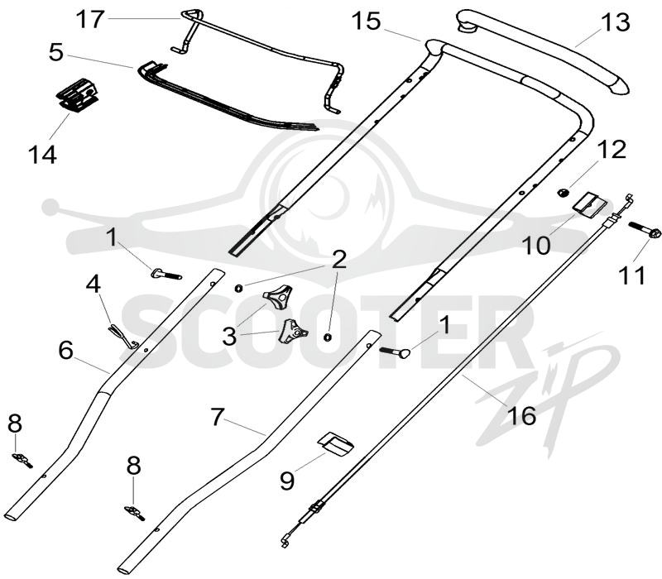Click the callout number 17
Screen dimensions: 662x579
pos(90,19)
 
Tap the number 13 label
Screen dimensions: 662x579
pos(616,22)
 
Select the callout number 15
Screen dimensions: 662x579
pos(367,22)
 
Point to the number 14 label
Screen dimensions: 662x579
pos(42,155)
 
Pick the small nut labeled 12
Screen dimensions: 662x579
pos(563,193)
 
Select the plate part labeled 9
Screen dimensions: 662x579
pos(336,443)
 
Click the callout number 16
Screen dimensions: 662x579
pos(522,415)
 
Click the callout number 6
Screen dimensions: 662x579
pos(66,350)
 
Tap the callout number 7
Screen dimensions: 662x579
pos(217,417)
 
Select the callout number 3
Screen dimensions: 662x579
pos(230,337)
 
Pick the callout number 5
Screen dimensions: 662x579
pos(56,52)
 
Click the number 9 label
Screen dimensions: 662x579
pos(287,481)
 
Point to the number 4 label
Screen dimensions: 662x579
pos(94,284)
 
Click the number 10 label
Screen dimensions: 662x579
pos(536,245)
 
